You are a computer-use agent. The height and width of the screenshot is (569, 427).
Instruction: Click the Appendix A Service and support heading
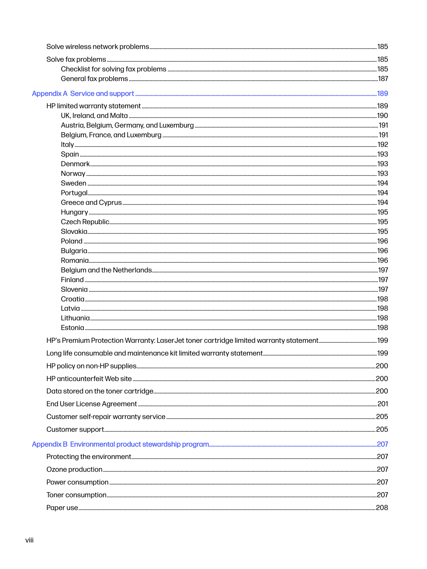83,93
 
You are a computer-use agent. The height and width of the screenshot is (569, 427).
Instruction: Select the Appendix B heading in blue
121,444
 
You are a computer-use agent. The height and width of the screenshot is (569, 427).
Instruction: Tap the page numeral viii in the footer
30,540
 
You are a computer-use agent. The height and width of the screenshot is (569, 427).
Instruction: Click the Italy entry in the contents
67,144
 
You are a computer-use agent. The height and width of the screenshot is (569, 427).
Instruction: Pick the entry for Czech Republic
85,222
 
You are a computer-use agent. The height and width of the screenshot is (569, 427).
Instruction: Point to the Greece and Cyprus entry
91,202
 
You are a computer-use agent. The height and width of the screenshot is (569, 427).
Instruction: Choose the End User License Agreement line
92,404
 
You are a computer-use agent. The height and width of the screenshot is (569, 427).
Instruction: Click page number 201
383,404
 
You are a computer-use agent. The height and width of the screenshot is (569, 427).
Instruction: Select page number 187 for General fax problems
383,79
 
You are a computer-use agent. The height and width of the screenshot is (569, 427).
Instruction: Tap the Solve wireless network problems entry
98,47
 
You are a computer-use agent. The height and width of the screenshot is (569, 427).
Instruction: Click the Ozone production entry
74,469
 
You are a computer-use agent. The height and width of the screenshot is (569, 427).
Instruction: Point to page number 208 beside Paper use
382,508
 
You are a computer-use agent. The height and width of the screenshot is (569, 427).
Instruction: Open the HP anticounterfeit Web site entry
89,379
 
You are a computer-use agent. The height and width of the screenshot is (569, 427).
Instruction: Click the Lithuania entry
75,318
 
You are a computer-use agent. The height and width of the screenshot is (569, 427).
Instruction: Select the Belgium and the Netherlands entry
106,270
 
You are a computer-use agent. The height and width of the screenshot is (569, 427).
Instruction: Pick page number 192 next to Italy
383,144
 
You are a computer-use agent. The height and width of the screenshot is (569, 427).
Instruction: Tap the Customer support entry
75,429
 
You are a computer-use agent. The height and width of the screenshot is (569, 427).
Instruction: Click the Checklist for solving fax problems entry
114,69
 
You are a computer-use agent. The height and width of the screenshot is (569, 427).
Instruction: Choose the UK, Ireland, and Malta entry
94,116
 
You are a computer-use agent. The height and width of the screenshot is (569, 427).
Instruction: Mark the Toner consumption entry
76,495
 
